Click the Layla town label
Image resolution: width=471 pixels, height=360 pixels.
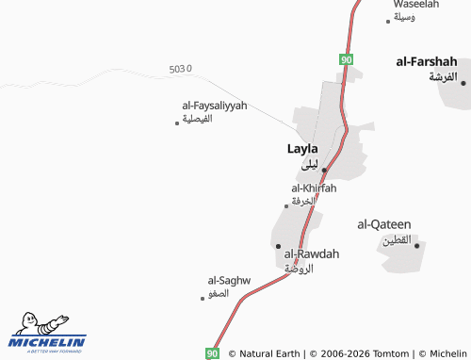[302, 149]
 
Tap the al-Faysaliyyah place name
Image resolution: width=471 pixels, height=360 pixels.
[208, 106]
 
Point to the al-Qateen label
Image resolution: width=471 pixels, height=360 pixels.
[384, 224]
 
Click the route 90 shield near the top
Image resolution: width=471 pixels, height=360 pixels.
[347, 59]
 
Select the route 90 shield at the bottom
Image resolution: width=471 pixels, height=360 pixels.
[212, 352]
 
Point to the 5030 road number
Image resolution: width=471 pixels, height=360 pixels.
[180, 70]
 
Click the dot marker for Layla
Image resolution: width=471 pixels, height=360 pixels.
[324, 170]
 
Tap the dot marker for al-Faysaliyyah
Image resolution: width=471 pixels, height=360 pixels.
[177, 123]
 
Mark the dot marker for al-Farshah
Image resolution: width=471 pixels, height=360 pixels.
[463, 82]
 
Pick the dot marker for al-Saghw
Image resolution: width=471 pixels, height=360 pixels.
[203, 299]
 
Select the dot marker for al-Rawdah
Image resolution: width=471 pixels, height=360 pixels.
[278, 246]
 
